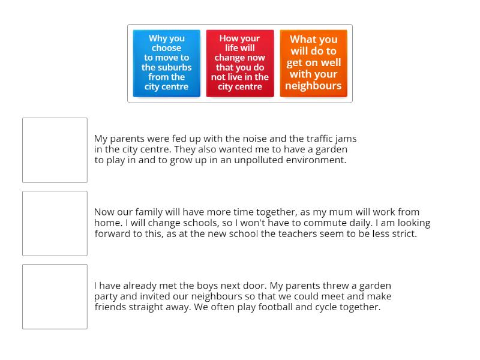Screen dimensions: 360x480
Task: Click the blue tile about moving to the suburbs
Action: coord(166,63)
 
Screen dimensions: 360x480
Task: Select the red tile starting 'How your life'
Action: coord(240,63)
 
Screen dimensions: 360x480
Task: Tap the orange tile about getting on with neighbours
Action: coord(313,63)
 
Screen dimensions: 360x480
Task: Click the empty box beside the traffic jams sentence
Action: coord(55,150)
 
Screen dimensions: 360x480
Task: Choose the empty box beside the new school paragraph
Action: coord(55,223)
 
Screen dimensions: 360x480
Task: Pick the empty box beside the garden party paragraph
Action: coord(55,296)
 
